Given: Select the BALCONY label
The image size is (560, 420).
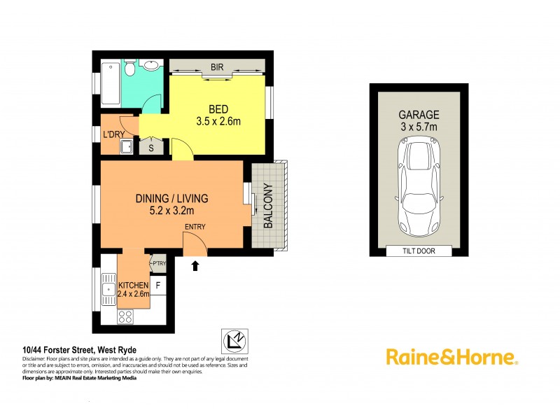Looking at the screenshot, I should (268, 206).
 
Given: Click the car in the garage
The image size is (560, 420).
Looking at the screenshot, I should (418, 187).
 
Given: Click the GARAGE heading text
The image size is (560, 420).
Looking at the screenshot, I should (419, 115).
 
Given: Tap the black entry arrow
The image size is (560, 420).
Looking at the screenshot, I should (196, 265).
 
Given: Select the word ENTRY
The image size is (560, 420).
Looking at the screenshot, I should (196, 227).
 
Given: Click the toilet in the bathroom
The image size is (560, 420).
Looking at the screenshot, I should (130, 69).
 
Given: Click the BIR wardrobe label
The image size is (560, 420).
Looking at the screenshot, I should (217, 68).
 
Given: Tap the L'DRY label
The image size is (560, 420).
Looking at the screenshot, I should (113, 134).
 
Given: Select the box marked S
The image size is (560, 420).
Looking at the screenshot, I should (152, 147).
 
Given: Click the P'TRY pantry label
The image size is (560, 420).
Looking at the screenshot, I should (158, 263).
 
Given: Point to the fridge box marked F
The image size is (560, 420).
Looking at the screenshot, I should (158, 285).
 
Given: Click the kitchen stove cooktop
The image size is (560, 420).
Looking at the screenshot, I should (125, 316).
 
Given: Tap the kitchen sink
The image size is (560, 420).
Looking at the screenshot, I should (108, 286).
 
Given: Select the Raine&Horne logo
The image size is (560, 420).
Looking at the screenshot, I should (451, 357).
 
